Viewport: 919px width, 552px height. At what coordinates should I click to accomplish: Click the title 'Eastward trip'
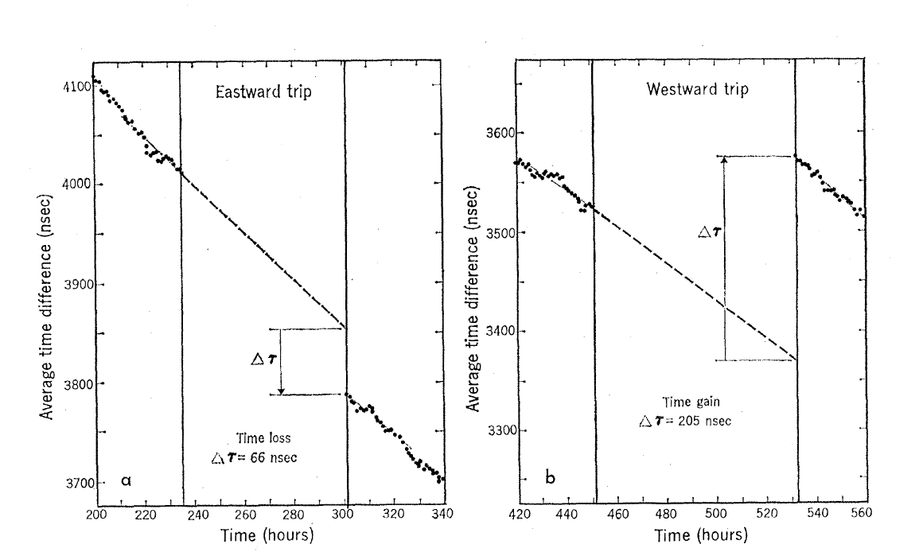(263, 91)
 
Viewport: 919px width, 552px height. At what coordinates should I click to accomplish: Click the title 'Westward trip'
(697, 89)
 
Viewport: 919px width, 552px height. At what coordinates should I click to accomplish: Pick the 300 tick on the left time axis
(346, 514)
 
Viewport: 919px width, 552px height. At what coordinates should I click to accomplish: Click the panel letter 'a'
(126, 480)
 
